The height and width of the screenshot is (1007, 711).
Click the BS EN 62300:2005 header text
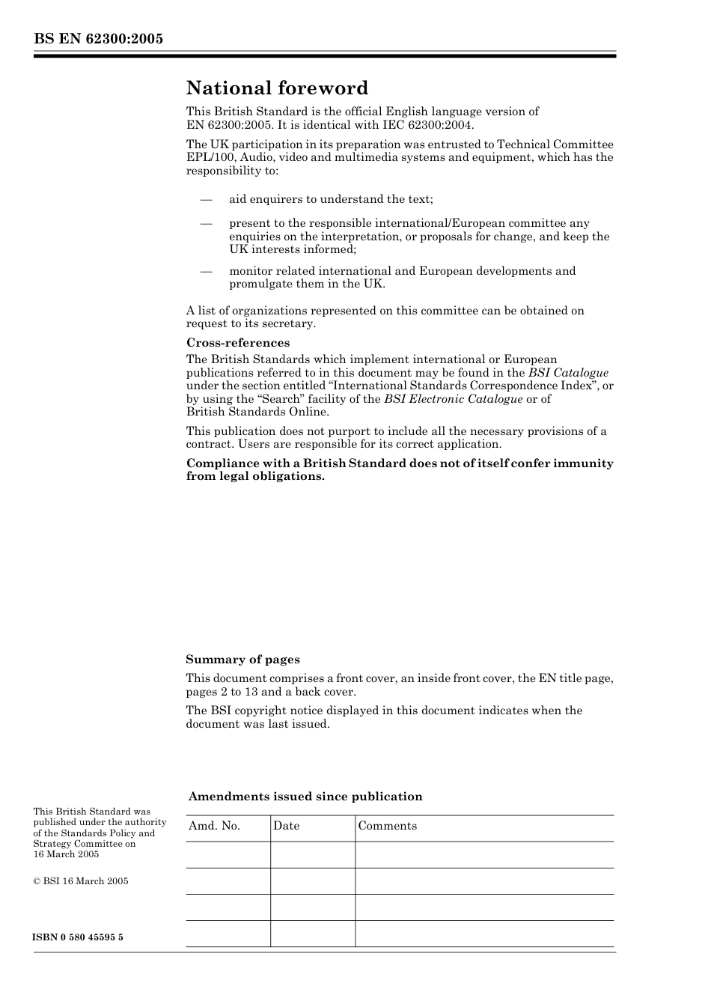(98, 39)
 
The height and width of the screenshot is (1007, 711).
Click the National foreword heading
(277, 88)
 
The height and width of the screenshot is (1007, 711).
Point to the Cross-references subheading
(237, 343)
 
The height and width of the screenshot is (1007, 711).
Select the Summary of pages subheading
(242, 660)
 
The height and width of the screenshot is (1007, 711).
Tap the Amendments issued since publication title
(305, 797)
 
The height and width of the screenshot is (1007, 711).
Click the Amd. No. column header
(214, 826)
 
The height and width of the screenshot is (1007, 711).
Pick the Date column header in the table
(286, 826)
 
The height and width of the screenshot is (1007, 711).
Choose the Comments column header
(387, 826)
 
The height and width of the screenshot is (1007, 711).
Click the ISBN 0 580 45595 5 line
(78, 937)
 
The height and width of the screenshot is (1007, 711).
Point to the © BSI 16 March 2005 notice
(81, 881)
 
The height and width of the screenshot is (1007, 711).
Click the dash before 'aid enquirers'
(206, 199)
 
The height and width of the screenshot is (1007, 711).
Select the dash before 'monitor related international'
(206, 271)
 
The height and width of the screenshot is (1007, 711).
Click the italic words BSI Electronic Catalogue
(453, 399)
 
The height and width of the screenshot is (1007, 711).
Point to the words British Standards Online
(257, 412)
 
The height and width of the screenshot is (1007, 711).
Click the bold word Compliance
(221, 463)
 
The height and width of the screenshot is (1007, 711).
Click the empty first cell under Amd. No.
(228, 854)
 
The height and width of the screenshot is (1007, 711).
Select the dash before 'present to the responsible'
(206, 223)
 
